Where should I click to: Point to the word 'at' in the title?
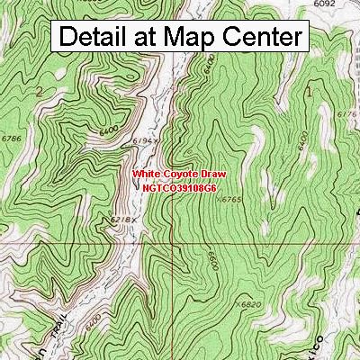[x=155, y=37]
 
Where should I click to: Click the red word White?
[x=148, y=174]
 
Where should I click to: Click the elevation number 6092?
[x=324, y=4]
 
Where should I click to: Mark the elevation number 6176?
[x=346, y=114]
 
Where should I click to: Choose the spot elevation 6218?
[x=121, y=220]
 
